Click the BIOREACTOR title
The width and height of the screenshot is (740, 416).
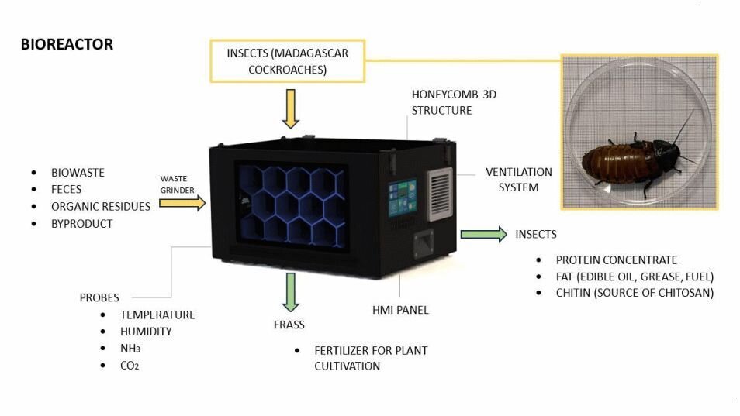click(67, 44)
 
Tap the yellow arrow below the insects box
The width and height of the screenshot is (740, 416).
click(290, 108)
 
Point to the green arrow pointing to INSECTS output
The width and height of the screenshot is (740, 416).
click(482, 234)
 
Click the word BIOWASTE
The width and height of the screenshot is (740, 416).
click(78, 172)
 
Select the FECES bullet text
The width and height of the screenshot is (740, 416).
click(66, 189)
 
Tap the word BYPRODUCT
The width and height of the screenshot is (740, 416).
click(81, 224)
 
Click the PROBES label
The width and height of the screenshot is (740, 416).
click(99, 297)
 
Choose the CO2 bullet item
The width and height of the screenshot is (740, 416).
click(130, 365)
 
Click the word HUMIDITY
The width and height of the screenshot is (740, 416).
click(146, 332)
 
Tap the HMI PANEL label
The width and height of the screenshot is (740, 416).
click(400, 310)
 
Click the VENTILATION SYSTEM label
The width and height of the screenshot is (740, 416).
click(519, 179)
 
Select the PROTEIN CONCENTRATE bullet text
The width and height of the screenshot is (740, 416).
click(617, 260)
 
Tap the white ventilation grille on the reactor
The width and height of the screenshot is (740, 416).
click(440, 194)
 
